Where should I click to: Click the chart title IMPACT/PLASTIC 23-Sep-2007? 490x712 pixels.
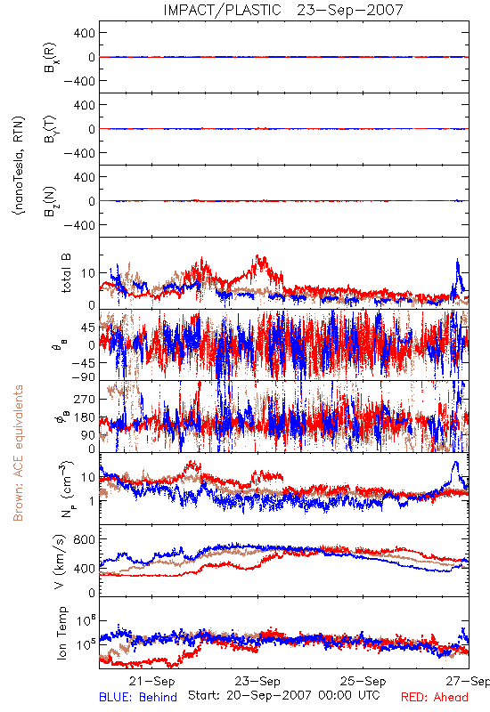[283, 10]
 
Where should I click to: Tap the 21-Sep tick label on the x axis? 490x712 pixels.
[151, 681]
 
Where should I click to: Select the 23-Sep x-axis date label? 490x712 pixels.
[257, 681]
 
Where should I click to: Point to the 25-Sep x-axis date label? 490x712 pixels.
[363, 681]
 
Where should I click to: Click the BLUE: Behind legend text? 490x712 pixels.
[138, 697]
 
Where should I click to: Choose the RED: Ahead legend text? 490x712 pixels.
[435, 697]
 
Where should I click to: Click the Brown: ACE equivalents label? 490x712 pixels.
[18, 453]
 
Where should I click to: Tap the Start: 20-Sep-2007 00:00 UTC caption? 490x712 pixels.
[284, 695]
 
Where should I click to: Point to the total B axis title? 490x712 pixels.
[66, 273]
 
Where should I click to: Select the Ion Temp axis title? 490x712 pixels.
[62, 633]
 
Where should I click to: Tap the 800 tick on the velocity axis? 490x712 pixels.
[84, 539]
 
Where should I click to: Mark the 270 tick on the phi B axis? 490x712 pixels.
[84, 399]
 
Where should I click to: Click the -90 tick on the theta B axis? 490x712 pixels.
[83, 377]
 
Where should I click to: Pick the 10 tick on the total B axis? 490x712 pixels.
[88, 273]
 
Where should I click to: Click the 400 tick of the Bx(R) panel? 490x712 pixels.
[84, 33]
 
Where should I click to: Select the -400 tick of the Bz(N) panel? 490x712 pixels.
[79, 225]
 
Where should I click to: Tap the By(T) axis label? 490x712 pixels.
[50, 129]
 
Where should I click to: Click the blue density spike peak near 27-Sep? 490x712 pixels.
[455, 462]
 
